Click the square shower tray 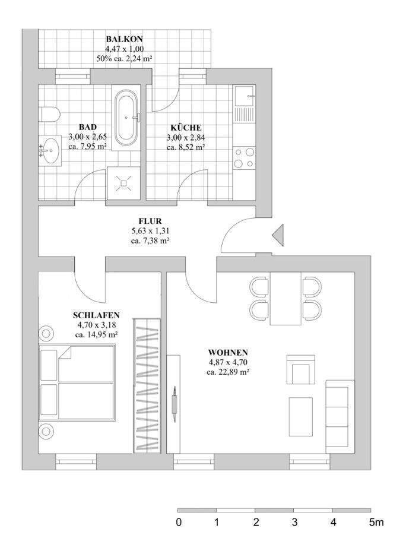(x=124, y=184)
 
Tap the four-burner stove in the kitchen (x=245, y=157)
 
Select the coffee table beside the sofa (x=301, y=417)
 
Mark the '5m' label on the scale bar (x=375, y=523)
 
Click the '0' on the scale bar (x=179, y=523)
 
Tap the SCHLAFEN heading (x=96, y=316)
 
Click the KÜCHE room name (x=186, y=127)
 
